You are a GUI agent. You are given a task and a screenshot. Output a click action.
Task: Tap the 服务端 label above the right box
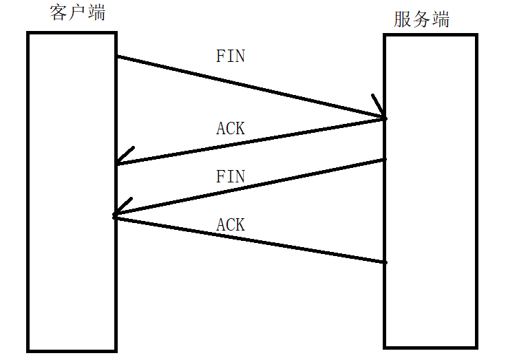pos(422,19)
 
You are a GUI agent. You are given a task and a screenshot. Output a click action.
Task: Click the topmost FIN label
pos(231,56)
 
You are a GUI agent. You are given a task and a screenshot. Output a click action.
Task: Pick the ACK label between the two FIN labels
pos(231,128)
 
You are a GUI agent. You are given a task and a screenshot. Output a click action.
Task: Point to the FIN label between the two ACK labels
pos(231,176)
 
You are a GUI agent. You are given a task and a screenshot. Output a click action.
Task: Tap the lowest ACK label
pos(231,224)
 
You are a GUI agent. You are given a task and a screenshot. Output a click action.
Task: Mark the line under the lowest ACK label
pos(248,240)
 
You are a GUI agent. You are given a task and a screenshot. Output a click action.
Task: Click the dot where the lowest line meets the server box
pos(385,262)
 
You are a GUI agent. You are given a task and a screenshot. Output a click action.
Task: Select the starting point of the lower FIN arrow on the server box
pos(385,160)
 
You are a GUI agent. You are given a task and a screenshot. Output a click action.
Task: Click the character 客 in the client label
pos(60,12)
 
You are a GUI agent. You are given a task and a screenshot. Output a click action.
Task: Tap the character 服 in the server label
pos(403,19)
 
